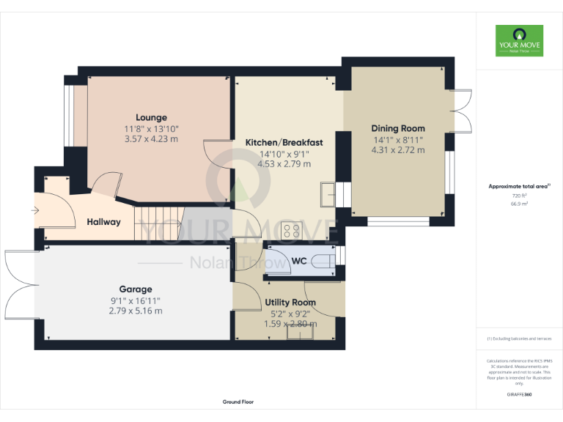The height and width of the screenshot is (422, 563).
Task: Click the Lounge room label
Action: pos(151,117)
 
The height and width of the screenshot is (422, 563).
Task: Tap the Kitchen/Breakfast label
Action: pos(284,142)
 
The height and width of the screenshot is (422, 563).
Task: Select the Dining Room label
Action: pos(398,128)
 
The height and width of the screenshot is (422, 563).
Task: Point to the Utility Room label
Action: pos(290,302)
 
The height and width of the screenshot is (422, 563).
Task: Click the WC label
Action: pos(299,261)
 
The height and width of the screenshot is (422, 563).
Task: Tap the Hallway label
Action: pos(103,221)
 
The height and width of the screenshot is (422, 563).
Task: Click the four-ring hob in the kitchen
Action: pos(292,232)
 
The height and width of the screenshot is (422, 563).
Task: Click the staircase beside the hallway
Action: pos(157,222)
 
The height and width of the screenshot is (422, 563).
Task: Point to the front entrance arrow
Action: pos(35,210)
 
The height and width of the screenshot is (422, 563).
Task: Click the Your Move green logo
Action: pos(519,40)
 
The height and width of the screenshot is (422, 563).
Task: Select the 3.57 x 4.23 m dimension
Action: pos(151,138)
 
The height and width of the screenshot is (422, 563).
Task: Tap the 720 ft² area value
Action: pos(519,196)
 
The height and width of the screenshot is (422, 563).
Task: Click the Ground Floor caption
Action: pos(238,401)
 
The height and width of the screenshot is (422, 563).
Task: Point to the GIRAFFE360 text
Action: pos(519,394)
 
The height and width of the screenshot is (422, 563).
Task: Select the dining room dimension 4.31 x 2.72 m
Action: pos(398,149)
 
